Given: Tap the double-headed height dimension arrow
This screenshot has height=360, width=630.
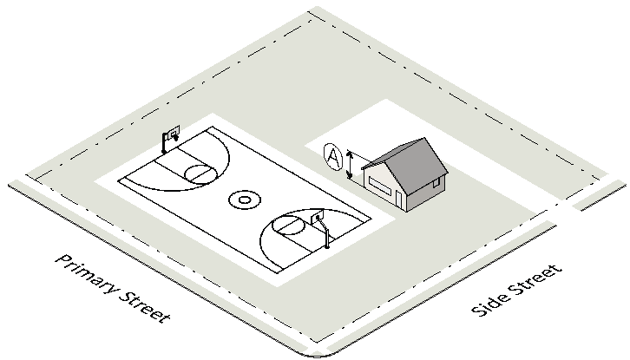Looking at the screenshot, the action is pos(350,165).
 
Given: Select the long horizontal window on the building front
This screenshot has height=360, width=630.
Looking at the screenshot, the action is pos(379,184).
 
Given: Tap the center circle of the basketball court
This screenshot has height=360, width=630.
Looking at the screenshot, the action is pos(245,200).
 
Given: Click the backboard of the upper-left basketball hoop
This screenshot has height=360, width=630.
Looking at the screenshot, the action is pos(171,134).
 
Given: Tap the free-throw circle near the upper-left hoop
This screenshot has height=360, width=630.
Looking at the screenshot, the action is pos(199,173).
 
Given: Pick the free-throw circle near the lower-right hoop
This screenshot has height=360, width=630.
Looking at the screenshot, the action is pos(287,227).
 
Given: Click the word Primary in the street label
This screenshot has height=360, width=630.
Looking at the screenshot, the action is pos(85,278).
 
